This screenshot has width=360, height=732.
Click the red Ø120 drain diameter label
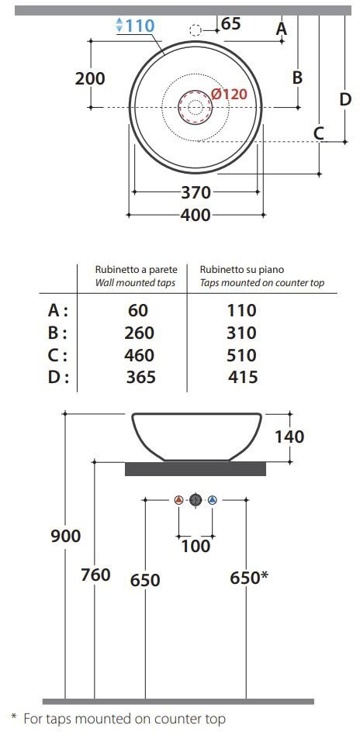pyautogui.click(x=228, y=94)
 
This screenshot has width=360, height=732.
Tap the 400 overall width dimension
pyautogui.click(x=196, y=216)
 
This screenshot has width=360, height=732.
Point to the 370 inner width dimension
pyautogui.click(x=196, y=192)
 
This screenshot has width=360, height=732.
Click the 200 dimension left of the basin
pyautogui.click(x=90, y=78)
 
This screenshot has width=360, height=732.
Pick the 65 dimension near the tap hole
pyautogui.click(x=230, y=24)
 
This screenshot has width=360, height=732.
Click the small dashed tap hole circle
pyautogui.click(x=196, y=31)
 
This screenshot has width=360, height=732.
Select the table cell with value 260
pyautogui.click(x=139, y=333)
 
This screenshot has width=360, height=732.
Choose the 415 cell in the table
pyautogui.click(x=243, y=377)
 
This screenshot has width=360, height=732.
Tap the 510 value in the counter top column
pyautogui.click(x=242, y=355)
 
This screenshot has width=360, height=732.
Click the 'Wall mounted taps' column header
pyautogui.click(x=136, y=283)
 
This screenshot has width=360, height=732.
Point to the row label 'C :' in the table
pyautogui.click(x=58, y=356)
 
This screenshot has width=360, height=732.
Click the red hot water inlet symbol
pyautogui.click(x=178, y=500)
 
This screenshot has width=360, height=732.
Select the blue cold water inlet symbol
pyautogui.click(x=213, y=500)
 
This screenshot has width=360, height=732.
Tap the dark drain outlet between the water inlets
pyautogui.click(x=196, y=500)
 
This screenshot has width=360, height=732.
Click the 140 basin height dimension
pyautogui.click(x=289, y=437)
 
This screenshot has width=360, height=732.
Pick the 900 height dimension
pyautogui.click(x=65, y=536)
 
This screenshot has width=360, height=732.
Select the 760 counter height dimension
pyautogui.click(x=95, y=575)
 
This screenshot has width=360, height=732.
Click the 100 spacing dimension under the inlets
pyautogui.click(x=196, y=546)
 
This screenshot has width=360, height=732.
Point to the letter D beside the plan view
pyautogui.click(x=345, y=99)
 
